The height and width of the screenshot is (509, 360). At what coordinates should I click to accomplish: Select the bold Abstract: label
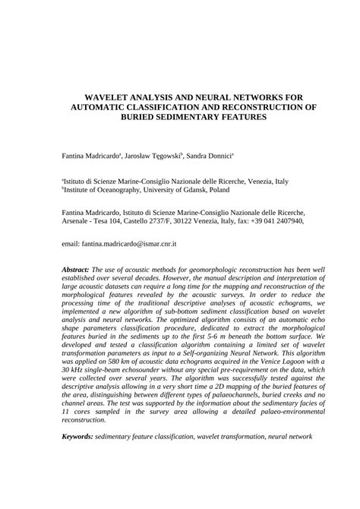click(76, 268)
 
